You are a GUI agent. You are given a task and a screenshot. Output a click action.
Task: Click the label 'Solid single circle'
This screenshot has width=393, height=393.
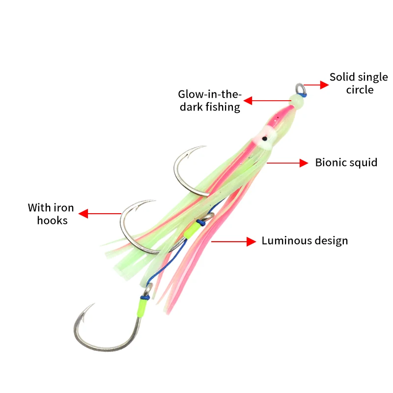[x=359, y=84]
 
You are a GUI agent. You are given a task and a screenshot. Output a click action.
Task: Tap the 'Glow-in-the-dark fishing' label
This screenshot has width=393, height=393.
[x=209, y=101]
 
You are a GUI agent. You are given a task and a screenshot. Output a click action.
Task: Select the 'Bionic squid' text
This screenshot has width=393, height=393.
[x=346, y=163]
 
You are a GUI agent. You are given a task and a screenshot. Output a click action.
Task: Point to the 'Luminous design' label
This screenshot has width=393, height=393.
[x=305, y=241]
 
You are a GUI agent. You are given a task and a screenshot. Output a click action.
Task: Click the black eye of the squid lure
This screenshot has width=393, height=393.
[x=264, y=139]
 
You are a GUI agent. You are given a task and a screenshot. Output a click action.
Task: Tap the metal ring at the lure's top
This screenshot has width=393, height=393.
[x=300, y=89]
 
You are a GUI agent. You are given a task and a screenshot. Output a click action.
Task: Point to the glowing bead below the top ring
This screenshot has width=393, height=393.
[x=296, y=101]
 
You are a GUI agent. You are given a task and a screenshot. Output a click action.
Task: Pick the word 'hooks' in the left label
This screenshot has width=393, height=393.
[x=52, y=221]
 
